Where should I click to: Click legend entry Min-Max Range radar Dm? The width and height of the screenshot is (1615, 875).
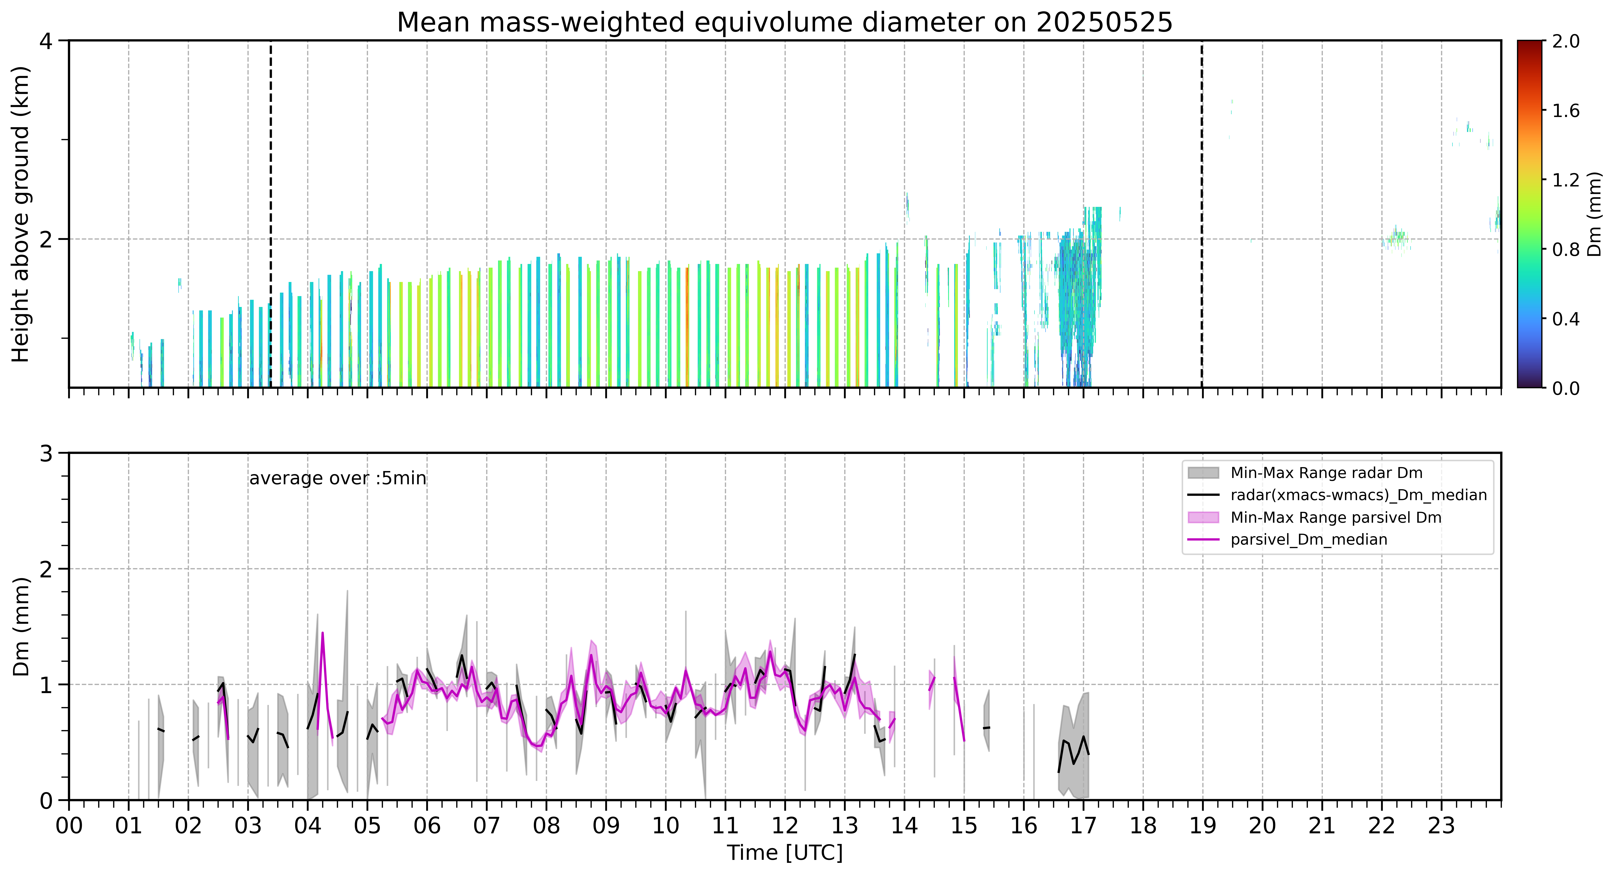pyautogui.click(x=1326, y=473)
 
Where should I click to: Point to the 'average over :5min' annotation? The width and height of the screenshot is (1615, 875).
pyautogui.click(x=337, y=479)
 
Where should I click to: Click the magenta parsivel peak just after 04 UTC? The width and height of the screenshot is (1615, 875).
pyautogui.click(x=322, y=634)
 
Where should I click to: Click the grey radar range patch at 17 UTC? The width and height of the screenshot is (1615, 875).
pyautogui.click(x=1073, y=746)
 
